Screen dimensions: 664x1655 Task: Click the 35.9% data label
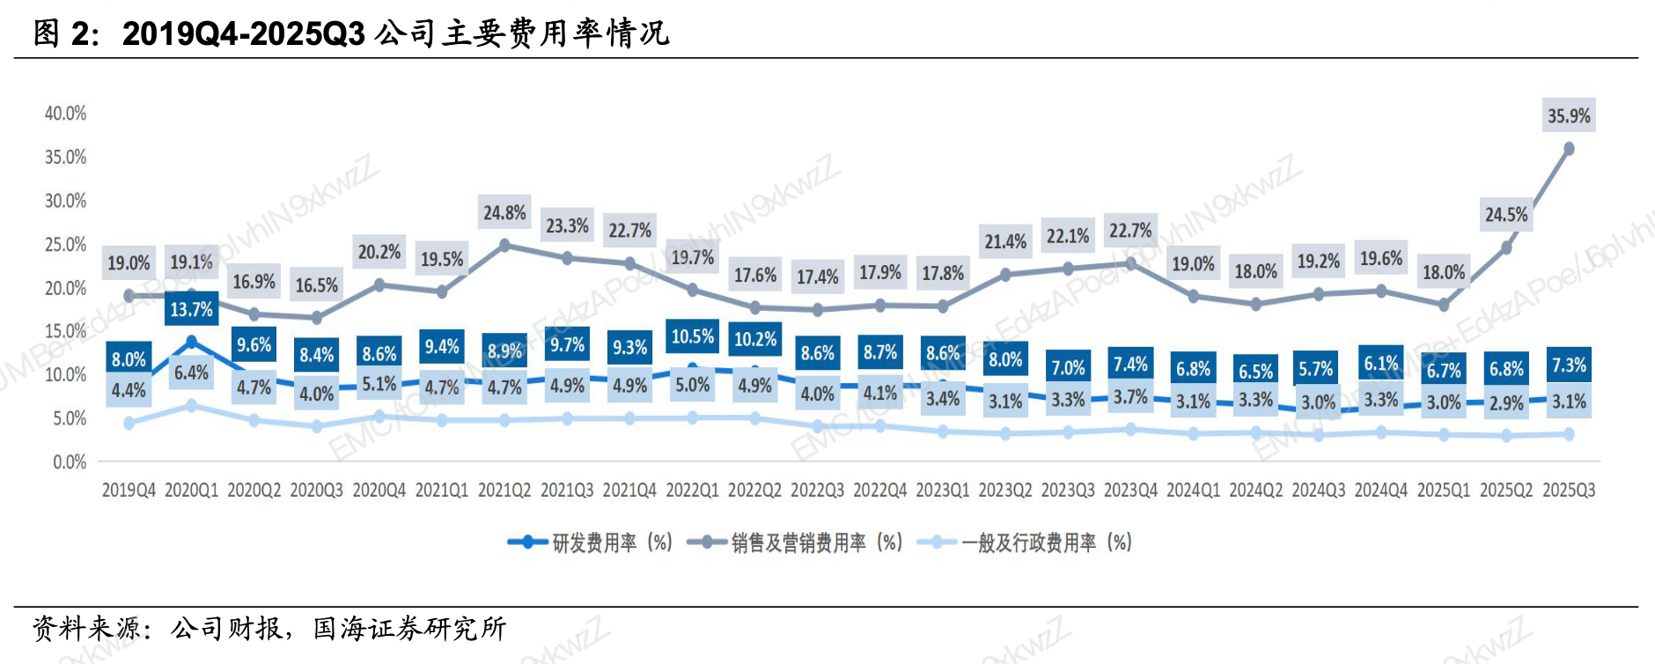tap(1569, 116)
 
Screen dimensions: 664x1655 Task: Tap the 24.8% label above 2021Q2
tap(504, 213)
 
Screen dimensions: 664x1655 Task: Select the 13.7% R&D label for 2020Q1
tap(191, 310)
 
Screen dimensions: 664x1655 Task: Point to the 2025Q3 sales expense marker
tap(1569, 150)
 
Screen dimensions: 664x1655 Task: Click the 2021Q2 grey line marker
tap(504, 246)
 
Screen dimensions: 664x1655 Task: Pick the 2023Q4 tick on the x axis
tap(1130, 491)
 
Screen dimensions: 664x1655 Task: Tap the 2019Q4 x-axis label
tap(129, 491)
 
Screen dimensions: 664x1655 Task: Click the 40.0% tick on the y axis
tap(66, 114)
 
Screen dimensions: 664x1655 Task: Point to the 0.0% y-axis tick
tap(70, 462)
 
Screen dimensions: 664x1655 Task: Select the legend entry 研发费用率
tap(592, 542)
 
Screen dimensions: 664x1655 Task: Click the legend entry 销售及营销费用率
tap(797, 542)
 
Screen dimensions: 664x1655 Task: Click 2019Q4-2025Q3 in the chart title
tap(244, 33)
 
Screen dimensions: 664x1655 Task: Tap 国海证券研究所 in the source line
tap(409, 629)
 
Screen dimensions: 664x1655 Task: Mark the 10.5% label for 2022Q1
tap(693, 336)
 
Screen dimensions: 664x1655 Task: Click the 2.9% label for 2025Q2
tap(1506, 403)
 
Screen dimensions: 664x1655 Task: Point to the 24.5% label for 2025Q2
tap(1506, 215)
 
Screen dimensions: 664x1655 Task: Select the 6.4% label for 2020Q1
tap(191, 373)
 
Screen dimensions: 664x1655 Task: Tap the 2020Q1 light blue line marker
tap(191, 406)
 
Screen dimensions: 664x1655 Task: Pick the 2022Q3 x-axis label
tap(817, 491)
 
